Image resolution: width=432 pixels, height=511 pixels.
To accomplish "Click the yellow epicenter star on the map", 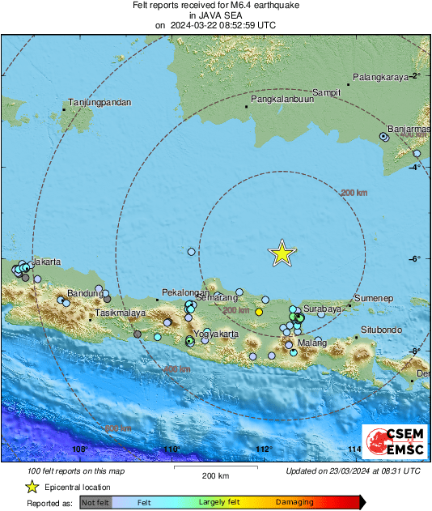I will point(282,253).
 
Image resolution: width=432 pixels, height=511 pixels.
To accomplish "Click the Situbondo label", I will point(381,330).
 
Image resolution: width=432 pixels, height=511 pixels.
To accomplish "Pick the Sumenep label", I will point(373,299).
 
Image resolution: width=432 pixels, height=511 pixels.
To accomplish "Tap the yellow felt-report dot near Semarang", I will point(259,312).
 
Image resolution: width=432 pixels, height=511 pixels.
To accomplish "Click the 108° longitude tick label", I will point(78,449).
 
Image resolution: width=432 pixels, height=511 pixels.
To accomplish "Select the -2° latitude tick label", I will point(417,75).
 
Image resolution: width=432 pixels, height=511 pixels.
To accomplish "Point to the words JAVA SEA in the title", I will point(215,15).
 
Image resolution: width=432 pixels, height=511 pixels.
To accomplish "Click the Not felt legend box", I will point(95,502).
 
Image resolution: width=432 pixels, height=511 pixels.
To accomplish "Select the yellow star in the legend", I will point(32,487).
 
